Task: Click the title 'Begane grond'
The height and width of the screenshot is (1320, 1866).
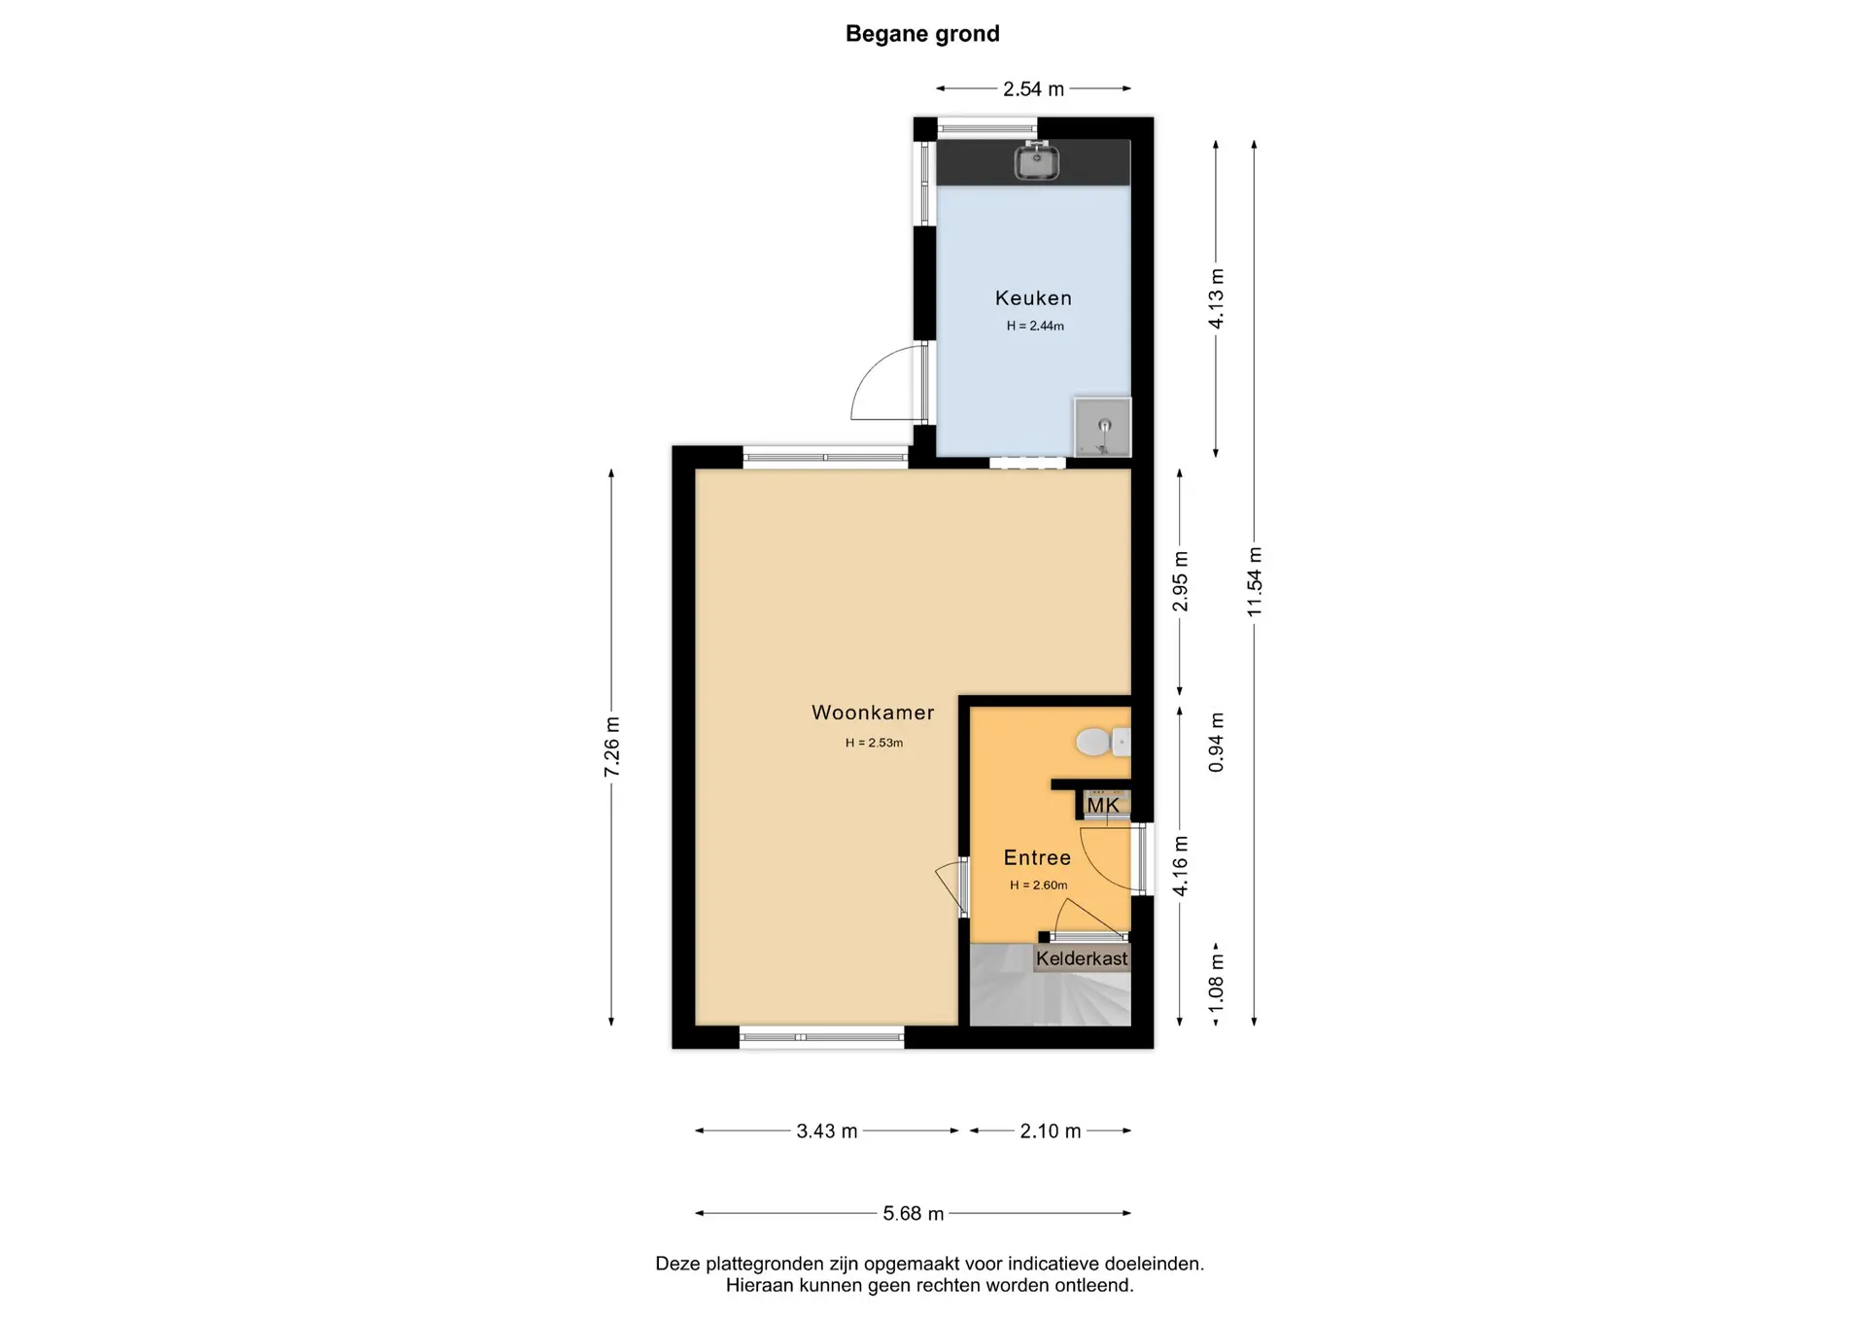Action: click(x=922, y=34)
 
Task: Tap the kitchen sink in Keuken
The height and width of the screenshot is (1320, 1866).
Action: click(x=1037, y=161)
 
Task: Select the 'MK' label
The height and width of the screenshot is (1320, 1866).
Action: click(x=1103, y=805)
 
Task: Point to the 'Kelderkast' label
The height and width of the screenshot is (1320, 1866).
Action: click(x=1082, y=958)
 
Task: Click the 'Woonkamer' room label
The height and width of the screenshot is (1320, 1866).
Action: click(x=873, y=712)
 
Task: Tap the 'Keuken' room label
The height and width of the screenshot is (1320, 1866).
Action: click(x=1033, y=298)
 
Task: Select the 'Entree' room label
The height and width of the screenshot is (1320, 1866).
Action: click(x=1037, y=857)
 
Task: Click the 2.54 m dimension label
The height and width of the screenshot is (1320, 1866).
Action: click(x=1033, y=89)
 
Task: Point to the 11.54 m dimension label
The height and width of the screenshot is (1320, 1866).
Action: click(x=1255, y=581)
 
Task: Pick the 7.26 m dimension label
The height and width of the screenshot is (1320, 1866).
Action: click(x=612, y=747)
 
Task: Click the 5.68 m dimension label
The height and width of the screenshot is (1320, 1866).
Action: click(x=914, y=1213)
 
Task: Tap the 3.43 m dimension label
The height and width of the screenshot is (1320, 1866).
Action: click(x=827, y=1131)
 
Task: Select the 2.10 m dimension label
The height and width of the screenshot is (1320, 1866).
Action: click(x=1051, y=1131)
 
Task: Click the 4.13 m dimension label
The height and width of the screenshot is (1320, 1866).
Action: click(x=1216, y=298)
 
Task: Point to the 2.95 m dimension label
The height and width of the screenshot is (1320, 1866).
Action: click(x=1180, y=581)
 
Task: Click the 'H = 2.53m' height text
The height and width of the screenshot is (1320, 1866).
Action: click(x=874, y=743)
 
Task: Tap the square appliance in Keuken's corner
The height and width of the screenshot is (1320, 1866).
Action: click(x=1102, y=426)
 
